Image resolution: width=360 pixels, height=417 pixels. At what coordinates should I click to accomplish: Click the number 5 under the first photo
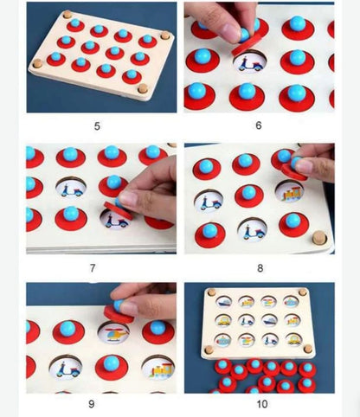[x=97, y=126]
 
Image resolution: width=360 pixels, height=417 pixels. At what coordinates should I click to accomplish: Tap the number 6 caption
[x=259, y=125]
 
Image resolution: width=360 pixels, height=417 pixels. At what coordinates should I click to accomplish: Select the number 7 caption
[x=93, y=268]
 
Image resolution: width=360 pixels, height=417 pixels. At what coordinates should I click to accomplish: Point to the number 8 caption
[x=260, y=268]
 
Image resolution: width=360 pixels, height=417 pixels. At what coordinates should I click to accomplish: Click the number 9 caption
[x=92, y=404]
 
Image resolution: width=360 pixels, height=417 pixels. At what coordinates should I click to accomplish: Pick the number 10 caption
[x=262, y=404]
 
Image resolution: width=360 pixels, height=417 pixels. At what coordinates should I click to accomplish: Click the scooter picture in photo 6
[x=249, y=63]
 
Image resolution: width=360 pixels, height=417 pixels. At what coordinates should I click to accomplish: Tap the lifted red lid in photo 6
[x=246, y=45]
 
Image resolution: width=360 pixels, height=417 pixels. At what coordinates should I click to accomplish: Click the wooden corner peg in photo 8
[x=319, y=237]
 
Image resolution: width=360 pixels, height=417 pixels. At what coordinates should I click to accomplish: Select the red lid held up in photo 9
[x=119, y=313]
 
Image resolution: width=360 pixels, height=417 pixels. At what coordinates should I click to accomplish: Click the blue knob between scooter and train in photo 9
[x=111, y=362]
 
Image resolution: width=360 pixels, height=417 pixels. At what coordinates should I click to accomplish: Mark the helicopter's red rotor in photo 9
[x=113, y=330]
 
